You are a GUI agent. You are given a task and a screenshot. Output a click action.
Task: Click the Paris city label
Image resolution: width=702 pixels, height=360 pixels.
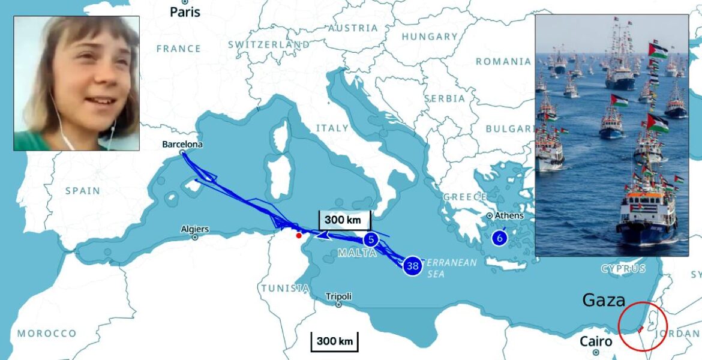click(x=185, y=11)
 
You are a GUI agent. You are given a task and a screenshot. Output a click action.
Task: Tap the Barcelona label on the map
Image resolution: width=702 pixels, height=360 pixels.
click(x=182, y=145)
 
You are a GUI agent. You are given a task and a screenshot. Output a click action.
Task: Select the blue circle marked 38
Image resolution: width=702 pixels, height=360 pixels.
click(x=412, y=265)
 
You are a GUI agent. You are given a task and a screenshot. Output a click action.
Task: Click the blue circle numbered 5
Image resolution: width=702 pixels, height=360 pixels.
click(x=371, y=240)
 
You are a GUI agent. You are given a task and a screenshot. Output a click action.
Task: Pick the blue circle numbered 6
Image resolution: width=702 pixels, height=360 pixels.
click(x=499, y=238)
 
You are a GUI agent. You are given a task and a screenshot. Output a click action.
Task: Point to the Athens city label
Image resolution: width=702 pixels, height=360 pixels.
click(x=509, y=216)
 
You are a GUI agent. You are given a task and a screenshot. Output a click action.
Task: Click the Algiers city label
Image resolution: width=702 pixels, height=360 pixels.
click(x=195, y=229)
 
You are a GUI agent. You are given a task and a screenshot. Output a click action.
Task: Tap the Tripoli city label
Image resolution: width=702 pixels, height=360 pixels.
click(x=338, y=296)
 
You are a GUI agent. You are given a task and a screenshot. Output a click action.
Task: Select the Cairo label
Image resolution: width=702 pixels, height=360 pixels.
click(x=596, y=342)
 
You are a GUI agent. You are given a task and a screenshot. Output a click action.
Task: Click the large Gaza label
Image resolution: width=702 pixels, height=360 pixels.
click(x=604, y=301)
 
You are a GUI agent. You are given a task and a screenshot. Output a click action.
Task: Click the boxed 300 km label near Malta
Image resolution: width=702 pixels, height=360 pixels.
click(x=344, y=220)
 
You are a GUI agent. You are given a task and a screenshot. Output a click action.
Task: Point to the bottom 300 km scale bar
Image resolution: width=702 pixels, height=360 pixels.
click(x=334, y=341)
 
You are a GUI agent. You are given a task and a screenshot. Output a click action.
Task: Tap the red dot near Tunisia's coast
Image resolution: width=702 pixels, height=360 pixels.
click(x=299, y=235)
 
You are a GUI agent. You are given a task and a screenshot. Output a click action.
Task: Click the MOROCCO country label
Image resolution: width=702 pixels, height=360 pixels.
click(x=47, y=334)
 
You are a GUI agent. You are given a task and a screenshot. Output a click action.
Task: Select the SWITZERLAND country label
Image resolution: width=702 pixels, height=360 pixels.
click(x=269, y=44)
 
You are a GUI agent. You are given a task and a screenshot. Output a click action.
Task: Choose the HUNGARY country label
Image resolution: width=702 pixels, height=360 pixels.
click(x=429, y=37)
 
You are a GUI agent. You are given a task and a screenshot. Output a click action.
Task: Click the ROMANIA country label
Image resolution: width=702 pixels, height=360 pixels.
click(x=503, y=61)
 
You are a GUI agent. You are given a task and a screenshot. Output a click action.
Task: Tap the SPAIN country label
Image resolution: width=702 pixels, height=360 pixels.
click(x=82, y=191)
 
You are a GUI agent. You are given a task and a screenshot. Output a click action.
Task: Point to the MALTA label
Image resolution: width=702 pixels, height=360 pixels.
click(x=357, y=253)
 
